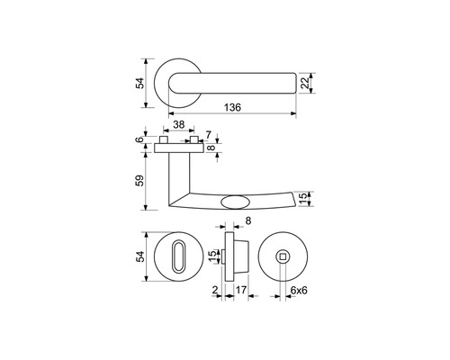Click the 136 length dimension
[x=232, y=107]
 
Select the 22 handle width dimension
[x=305, y=83]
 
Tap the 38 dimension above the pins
[x=179, y=124]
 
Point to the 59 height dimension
[x=140, y=181]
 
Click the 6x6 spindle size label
[x=299, y=290]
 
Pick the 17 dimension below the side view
[x=241, y=290]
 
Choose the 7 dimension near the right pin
[x=209, y=135]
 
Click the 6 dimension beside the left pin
[x=139, y=139]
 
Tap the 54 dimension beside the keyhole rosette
[x=140, y=256]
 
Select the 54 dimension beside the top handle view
[x=140, y=83]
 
